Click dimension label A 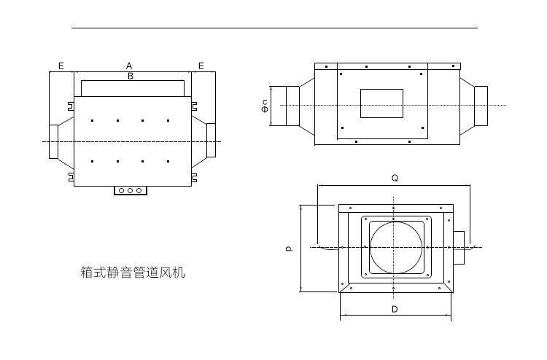tap(129, 66)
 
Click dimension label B tap(131, 76)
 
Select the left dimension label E tap(61, 66)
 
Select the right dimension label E tap(201, 66)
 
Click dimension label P tap(289, 249)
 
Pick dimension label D tap(395, 310)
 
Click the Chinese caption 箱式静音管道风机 tap(133, 273)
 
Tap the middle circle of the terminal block tap(131, 191)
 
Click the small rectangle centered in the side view tap(381, 103)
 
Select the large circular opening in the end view tap(395, 247)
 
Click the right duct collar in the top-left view tap(212, 141)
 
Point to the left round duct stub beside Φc tap(290, 106)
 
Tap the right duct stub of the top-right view tap(481, 105)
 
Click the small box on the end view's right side tap(458, 248)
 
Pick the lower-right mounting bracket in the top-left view tap(194, 176)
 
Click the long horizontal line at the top tap(274, 28)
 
